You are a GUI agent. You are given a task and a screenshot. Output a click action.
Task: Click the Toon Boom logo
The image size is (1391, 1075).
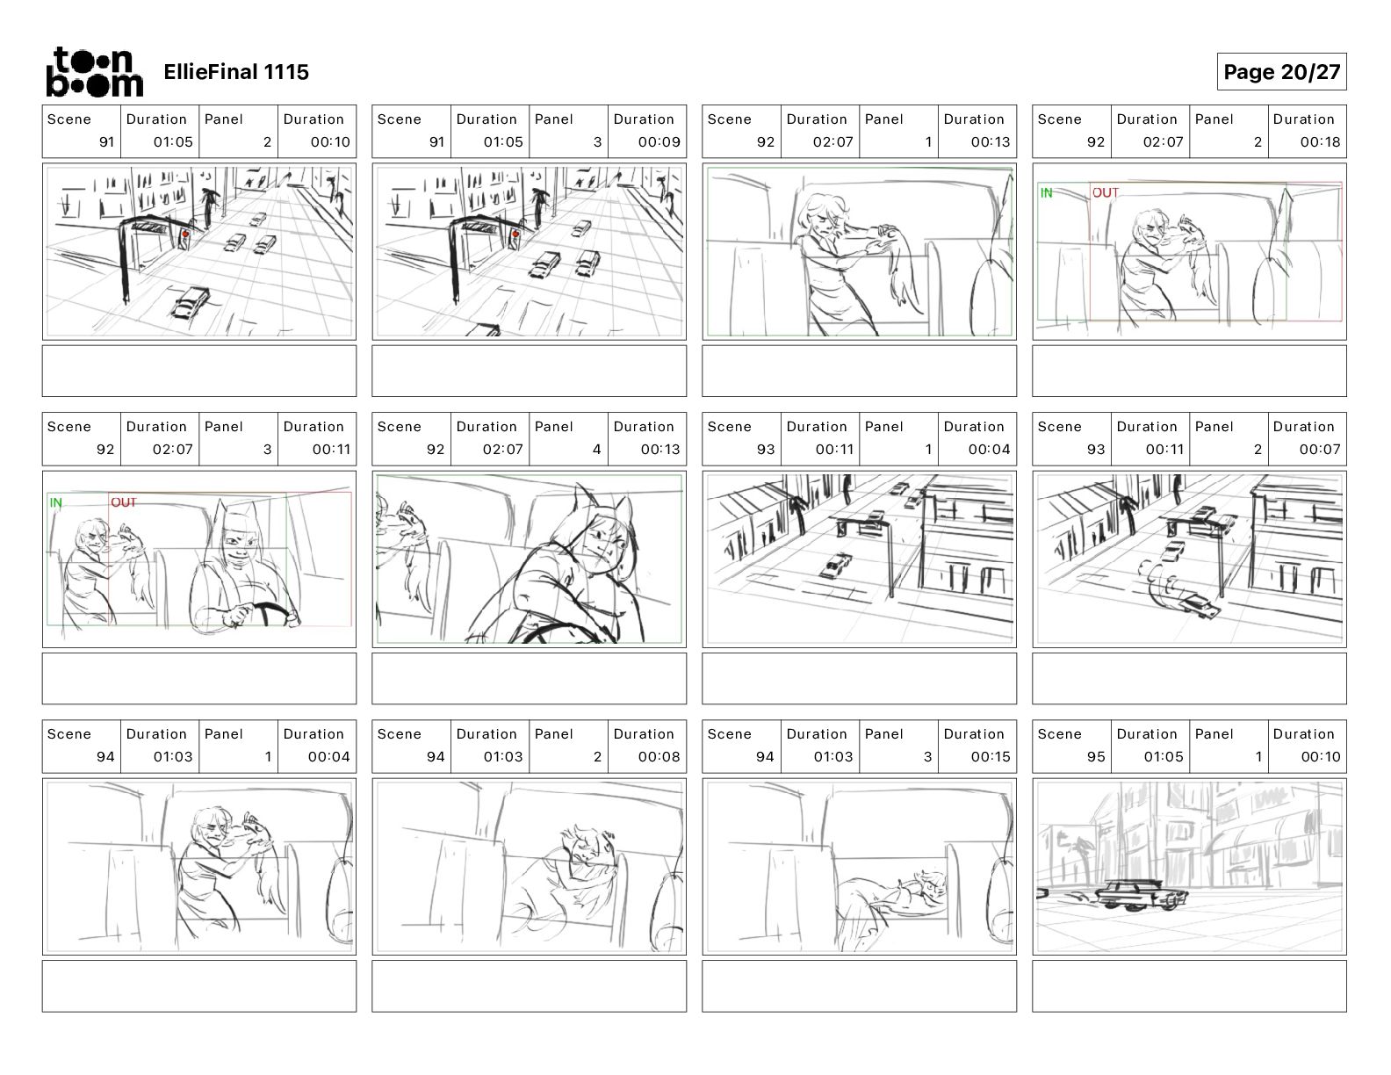pyautogui.click(x=95, y=72)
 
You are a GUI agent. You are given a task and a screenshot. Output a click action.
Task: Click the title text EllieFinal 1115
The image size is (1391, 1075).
pyautogui.click(x=236, y=72)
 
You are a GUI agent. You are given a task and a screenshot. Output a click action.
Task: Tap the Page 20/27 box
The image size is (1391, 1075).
pyautogui.click(x=1281, y=72)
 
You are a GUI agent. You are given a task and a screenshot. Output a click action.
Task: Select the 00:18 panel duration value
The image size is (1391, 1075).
pyautogui.click(x=1320, y=142)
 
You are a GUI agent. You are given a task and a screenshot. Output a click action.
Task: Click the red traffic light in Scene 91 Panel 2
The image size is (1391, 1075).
pyautogui.click(x=185, y=234)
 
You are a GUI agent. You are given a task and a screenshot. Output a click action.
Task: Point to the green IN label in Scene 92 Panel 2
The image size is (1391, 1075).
pyautogui.click(x=1046, y=192)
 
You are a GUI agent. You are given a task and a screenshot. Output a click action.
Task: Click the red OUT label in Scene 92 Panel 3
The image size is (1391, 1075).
pyautogui.click(x=124, y=502)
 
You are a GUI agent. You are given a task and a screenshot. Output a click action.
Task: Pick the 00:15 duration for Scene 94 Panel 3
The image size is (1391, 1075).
pyautogui.click(x=991, y=757)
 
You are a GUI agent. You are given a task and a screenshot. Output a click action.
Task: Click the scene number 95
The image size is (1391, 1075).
pyautogui.click(x=1095, y=757)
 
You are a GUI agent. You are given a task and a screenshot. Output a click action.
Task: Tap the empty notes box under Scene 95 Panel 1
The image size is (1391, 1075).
pyautogui.click(x=1189, y=986)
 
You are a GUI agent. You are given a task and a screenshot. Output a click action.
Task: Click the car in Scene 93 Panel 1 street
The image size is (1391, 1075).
pyautogui.click(x=837, y=566)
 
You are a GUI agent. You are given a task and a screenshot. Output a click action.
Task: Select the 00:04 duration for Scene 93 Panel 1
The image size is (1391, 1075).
pyautogui.click(x=989, y=450)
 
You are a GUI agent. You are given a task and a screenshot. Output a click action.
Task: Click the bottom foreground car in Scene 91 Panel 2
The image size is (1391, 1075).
pyautogui.click(x=191, y=302)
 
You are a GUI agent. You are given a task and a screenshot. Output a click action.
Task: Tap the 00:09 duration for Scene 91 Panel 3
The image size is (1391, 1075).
pyautogui.click(x=659, y=142)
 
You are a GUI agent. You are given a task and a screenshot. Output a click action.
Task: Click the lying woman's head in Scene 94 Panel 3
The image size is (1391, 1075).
pyautogui.click(x=932, y=886)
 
